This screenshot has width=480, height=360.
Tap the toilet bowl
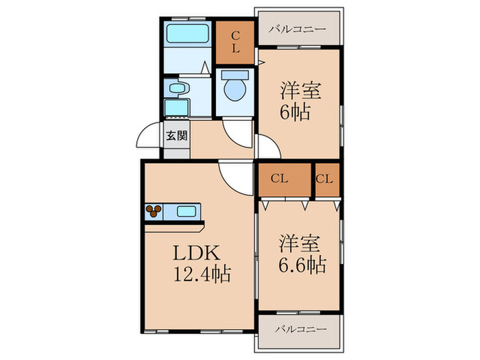235,87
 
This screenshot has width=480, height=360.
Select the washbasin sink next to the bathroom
176,88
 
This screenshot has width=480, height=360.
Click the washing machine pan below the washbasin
177,108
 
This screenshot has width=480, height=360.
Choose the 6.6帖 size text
301,264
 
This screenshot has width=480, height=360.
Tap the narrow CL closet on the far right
326,179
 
